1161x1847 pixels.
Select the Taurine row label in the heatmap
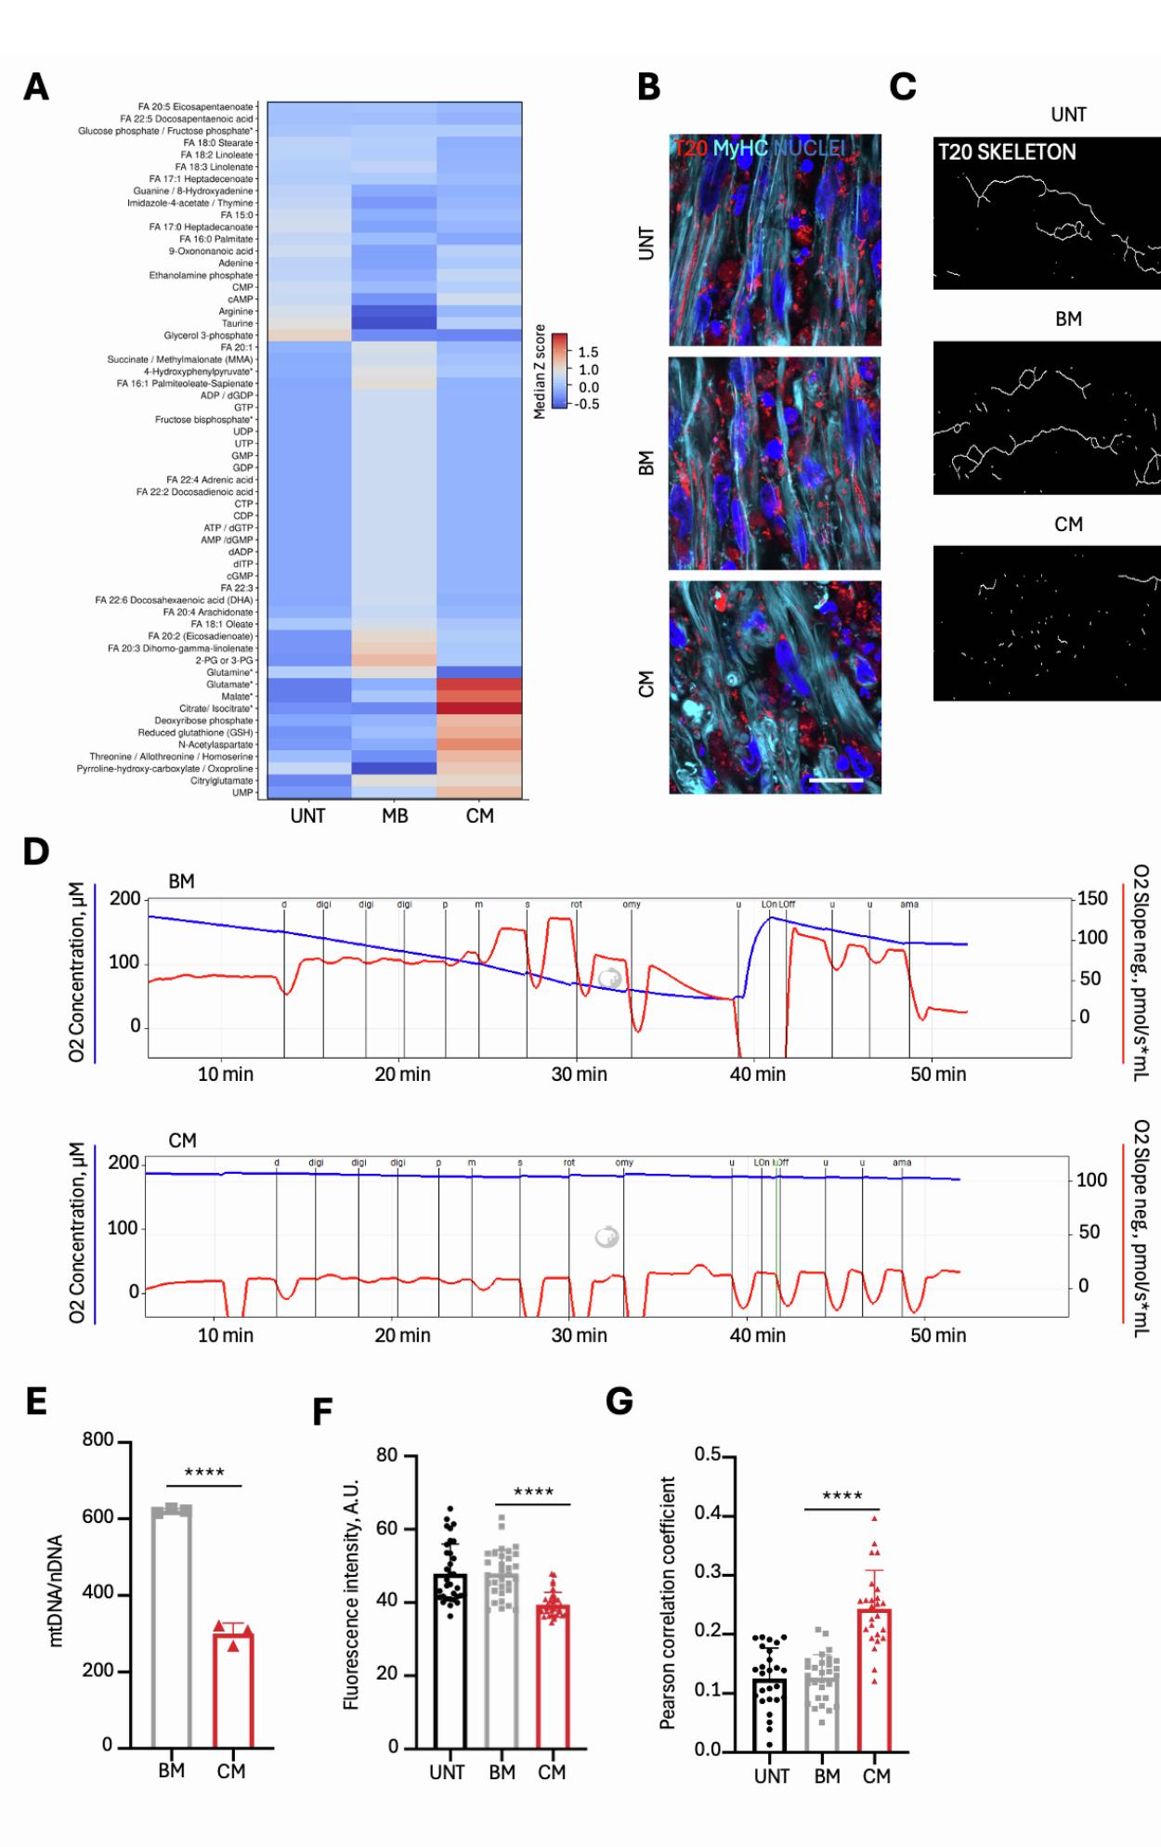[x=237, y=323]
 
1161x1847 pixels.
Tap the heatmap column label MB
[x=395, y=816]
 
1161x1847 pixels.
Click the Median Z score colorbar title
[x=539, y=371]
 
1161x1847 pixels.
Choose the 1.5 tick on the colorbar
[x=588, y=352]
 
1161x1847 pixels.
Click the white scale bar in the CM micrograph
[x=835, y=780]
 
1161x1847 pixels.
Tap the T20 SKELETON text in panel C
[x=1007, y=152]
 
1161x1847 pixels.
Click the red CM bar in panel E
[x=232, y=1692]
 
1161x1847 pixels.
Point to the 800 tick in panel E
[x=98, y=1440]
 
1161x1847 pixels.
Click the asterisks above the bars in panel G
[x=841, y=1496]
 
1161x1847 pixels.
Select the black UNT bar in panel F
[x=449, y=1662]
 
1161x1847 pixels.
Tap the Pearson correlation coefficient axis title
[x=667, y=1603]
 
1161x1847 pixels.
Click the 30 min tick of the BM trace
[x=580, y=1074]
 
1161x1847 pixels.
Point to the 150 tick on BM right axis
[x=1092, y=898]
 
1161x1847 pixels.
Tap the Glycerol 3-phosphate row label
[x=208, y=335]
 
